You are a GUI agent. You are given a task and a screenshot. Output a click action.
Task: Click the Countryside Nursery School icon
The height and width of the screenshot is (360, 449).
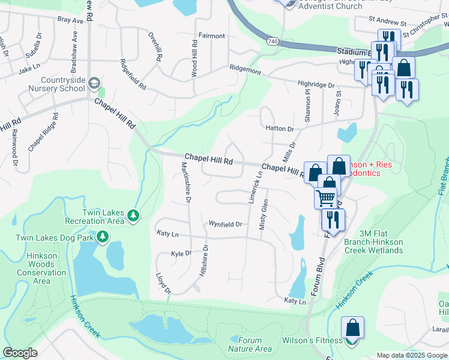click(94, 82)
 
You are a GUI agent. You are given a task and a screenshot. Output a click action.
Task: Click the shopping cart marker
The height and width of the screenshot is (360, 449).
click(325, 197)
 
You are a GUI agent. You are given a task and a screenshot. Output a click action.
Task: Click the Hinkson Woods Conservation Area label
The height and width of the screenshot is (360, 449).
click(41, 268)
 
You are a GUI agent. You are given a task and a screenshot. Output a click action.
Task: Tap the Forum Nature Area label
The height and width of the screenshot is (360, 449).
click(250, 344)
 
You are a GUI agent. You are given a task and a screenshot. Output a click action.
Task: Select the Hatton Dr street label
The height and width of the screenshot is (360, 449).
click(279, 128)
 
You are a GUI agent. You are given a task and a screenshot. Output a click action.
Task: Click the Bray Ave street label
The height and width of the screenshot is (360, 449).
click(70, 20)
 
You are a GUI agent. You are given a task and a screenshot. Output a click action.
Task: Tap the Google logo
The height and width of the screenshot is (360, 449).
click(20, 353)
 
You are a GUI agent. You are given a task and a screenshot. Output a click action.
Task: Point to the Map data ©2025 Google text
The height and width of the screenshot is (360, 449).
click(412, 355)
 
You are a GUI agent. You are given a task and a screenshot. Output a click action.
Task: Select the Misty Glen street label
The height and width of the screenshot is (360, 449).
click(262, 214)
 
